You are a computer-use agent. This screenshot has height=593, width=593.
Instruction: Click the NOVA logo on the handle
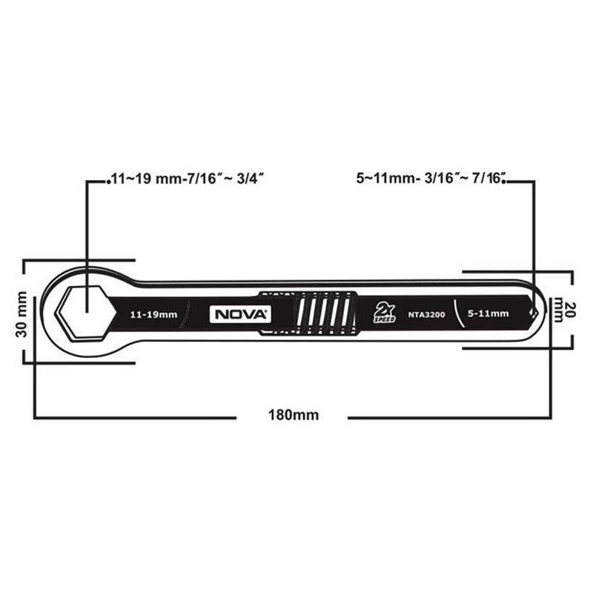(240, 314)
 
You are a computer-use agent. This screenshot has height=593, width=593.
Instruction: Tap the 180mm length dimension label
(294, 415)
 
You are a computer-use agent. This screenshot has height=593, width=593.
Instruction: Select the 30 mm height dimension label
(22, 314)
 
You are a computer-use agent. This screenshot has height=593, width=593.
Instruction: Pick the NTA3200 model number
(426, 314)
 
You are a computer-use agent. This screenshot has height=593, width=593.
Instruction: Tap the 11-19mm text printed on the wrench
(153, 314)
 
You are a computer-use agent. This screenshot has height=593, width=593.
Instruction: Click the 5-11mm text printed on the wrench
(488, 314)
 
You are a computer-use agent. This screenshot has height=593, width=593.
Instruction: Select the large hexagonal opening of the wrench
(87, 312)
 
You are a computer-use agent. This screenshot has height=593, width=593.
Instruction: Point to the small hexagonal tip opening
(534, 313)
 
